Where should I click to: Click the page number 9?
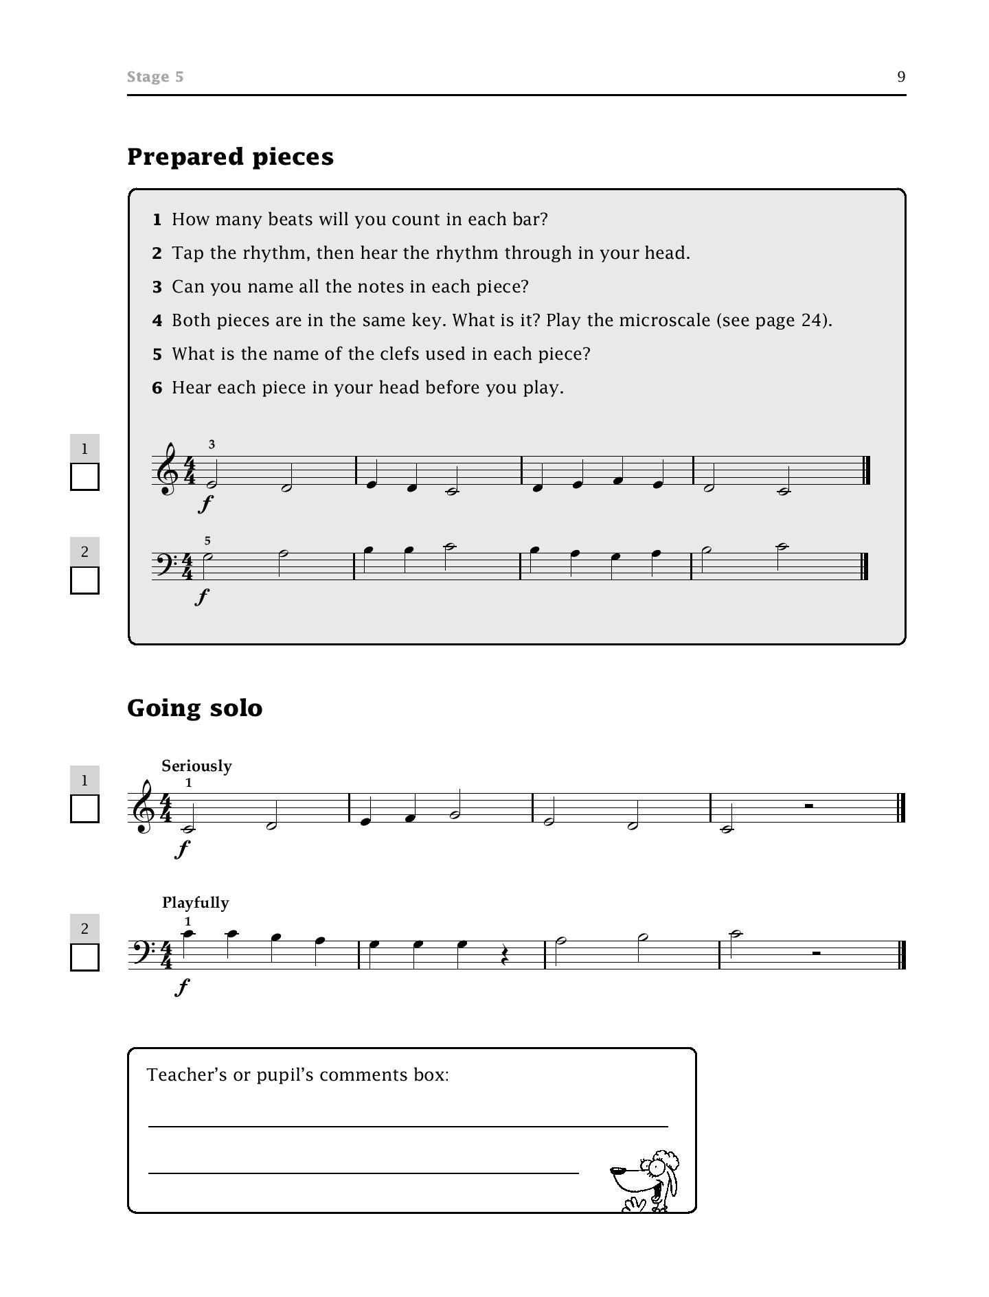pos(901,77)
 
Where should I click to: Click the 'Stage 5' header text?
pos(155,77)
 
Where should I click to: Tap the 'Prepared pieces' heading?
pos(230,157)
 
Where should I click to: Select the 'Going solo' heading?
pos(194,708)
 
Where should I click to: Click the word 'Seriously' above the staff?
pos(196,766)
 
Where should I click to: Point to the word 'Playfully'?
pos(195,902)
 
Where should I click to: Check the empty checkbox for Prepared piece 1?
pos(84,477)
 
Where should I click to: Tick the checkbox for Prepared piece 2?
pos(84,580)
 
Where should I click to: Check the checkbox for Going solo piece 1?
pos(84,809)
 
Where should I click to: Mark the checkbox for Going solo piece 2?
pos(84,957)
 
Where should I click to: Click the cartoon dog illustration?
pos(646,1180)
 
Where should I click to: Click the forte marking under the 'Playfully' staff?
pos(182,987)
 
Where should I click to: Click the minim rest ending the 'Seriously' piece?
pos(809,806)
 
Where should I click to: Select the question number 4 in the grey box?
pos(157,321)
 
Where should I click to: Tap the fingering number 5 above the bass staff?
pos(207,541)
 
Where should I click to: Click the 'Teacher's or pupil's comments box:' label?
pos(297,1075)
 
